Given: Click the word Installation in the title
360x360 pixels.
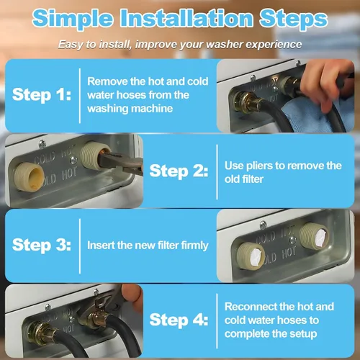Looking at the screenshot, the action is pyautogui.click(x=186, y=18).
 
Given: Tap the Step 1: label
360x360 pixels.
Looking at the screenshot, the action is pyautogui.click(x=42, y=94).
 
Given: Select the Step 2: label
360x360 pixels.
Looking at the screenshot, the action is pyautogui.click(x=179, y=171).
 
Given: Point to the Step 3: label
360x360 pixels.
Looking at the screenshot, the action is pyautogui.click(x=42, y=245).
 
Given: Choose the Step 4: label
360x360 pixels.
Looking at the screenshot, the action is pyautogui.click(x=179, y=320).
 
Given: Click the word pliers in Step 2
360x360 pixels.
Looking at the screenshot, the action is pyautogui.click(x=260, y=166).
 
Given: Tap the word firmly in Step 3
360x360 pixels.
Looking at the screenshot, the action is pyautogui.click(x=194, y=246).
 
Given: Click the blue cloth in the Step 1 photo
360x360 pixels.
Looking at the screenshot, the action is pyautogui.click(x=317, y=113).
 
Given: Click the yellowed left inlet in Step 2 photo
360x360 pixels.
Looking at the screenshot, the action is pyautogui.click(x=29, y=176).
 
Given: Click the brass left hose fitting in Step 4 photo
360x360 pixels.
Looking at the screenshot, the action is pyautogui.click(x=40, y=333).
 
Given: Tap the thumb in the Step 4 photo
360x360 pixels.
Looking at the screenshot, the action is pyautogui.click(x=131, y=296).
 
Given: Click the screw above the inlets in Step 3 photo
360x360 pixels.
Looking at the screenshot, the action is pyautogui.click(x=264, y=225).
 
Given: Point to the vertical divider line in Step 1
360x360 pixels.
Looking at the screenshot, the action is pyautogui.click(x=80, y=96).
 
